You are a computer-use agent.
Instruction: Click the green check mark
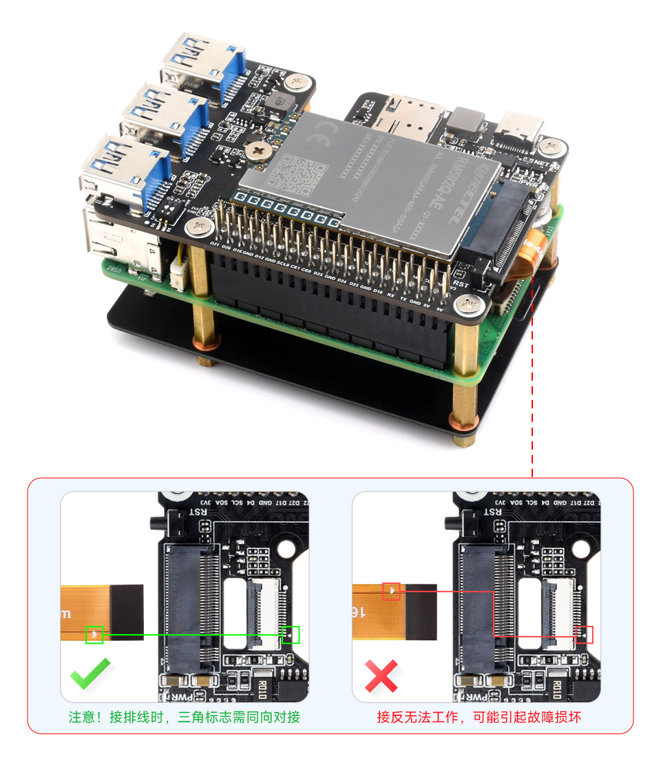90,673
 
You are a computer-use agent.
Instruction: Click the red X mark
381,675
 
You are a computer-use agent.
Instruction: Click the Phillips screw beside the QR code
259,149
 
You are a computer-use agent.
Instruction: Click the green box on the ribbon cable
94,635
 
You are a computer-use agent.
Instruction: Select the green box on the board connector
291,635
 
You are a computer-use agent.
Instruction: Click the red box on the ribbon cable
391,591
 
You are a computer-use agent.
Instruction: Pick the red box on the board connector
584,635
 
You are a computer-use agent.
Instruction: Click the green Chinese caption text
184,717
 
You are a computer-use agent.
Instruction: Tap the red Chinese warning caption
479,717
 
